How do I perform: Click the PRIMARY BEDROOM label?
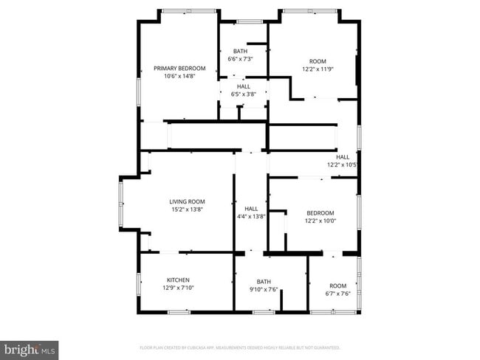pyautogui.click(x=179, y=68)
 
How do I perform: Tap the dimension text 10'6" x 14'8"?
pyautogui.click(x=179, y=75)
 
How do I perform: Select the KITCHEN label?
pyautogui.click(x=178, y=280)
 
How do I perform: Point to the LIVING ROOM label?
pyautogui.click(x=187, y=201)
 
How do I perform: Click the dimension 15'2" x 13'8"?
pyautogui.click(x=187, y=210)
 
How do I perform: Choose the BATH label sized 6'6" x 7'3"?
pyautogui.click(x=240, y=51)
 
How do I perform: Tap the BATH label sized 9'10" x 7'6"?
pyautogui.click(x=264, y=282)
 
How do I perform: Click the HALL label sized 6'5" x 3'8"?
pyautogui.click(x=243, y=86)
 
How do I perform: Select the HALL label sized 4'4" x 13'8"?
pyautogui.click(x=251, y=209)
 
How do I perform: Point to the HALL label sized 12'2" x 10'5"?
pyautogui.click(x=343, y=157)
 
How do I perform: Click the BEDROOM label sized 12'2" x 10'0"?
pyautogui.click(x=320, y=212)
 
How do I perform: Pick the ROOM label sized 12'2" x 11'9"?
pyautogui.click(x=317, y=61)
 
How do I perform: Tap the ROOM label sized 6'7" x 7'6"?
pyautogui.click(x=337, y=285)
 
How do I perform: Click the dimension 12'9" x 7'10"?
pyautogui.click(x=178, y=288)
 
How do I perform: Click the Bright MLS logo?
pyautogui.click(x=30, y=349)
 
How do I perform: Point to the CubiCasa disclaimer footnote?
pyautogui.click(x=239, y=347)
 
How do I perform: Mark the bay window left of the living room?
pyautogui.click(x=122, y=203)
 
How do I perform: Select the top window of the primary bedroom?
pyautogui.click(x=189, y=11)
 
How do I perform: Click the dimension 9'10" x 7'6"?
pyautogui.click(x=264, y=290)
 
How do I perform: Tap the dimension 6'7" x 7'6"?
pyautogui.click(x=337, y=294)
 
